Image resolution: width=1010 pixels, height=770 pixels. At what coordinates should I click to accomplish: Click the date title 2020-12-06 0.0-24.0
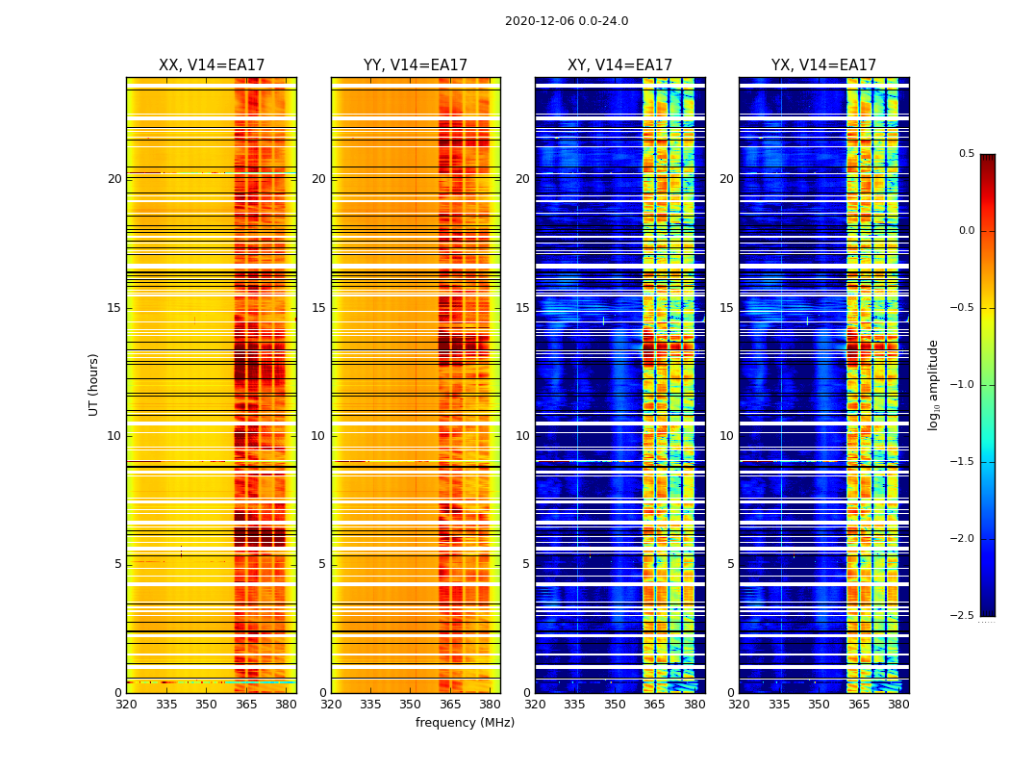(567, 21)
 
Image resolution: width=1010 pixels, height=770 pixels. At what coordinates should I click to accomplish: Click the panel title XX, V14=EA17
(212, 65)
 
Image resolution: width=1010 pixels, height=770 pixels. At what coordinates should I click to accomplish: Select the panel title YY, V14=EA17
(416, 65)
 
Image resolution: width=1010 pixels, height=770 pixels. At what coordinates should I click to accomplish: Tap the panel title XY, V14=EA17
(619, 65)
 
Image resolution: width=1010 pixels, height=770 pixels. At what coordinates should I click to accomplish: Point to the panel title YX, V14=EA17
(823, 65)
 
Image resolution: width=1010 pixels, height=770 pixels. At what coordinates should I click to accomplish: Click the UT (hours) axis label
(93, 384)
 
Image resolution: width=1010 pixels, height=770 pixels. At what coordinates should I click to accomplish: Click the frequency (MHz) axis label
(465, 723)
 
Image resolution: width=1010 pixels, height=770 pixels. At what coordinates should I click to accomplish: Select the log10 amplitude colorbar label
(933, 385)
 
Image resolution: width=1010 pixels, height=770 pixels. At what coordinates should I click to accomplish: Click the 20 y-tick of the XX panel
(114, 179)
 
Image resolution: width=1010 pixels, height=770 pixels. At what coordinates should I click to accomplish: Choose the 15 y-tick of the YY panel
(319, 308)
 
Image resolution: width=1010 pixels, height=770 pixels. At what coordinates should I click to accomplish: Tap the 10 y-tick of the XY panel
(523, 436)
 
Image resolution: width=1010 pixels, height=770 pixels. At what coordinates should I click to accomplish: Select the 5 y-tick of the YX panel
(731, 564)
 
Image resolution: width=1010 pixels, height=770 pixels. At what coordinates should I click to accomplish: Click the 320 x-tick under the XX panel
(126, 705)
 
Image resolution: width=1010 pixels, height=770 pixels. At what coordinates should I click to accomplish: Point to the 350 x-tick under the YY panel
(411, 705)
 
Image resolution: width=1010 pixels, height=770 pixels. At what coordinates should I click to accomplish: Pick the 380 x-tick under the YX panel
(898, 705)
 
